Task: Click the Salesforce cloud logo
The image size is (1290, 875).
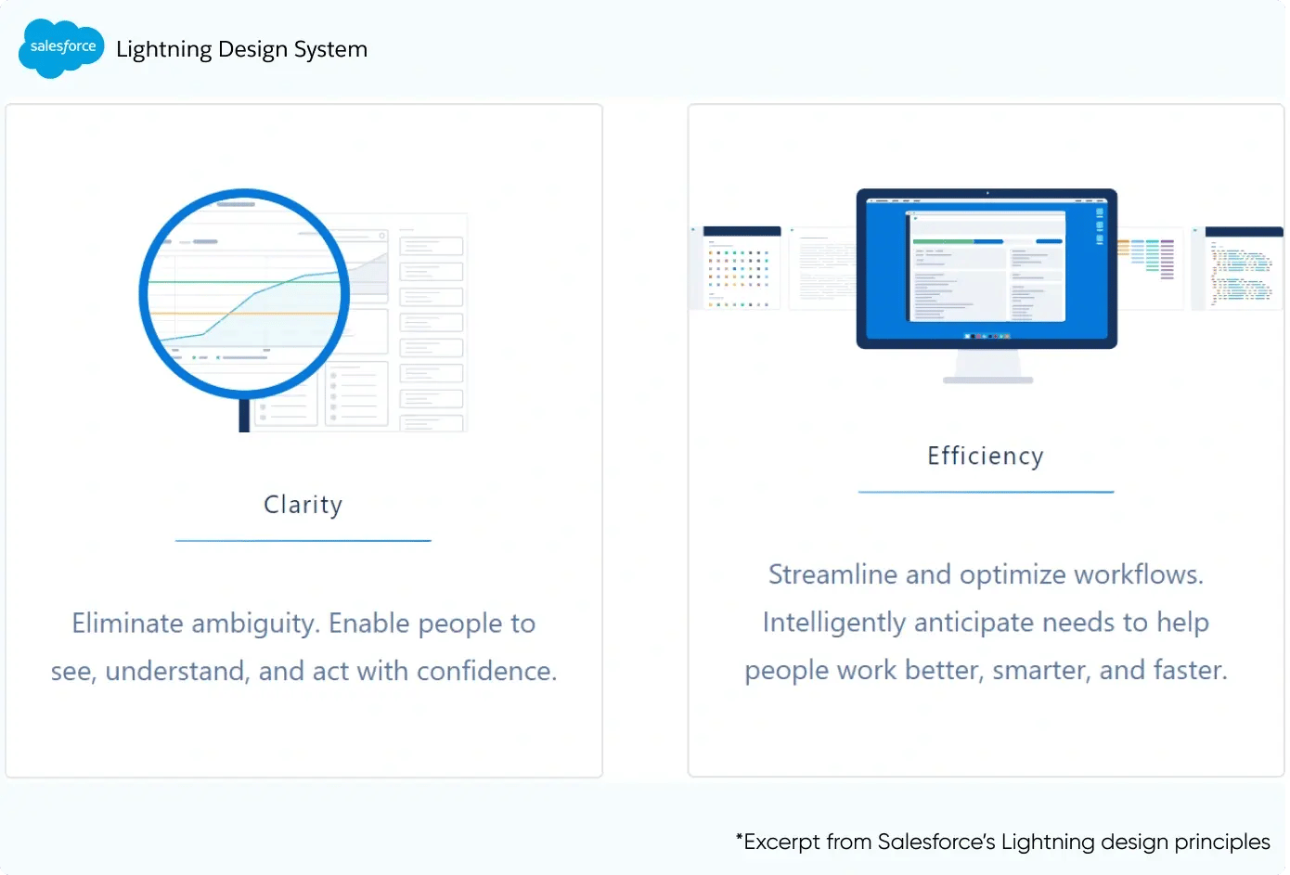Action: click(61, 47)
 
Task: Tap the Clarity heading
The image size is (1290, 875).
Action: click(303, 505)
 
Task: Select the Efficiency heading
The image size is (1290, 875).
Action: click(985, 456)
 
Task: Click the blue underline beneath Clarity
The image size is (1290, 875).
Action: click(303, 540)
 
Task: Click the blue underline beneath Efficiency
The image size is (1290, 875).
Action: click(985, 492)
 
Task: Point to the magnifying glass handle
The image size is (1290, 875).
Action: click(244, 416)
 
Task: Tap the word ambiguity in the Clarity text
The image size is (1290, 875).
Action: click(255, 624)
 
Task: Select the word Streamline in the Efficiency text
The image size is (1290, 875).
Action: click(832, 574)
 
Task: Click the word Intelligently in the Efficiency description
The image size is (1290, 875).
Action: click(833, 623)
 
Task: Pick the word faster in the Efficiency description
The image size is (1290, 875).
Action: click(1190, 670)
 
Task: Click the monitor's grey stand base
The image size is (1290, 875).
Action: click(987, 380)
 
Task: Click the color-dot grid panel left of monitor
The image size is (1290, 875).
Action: click(739, 269)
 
